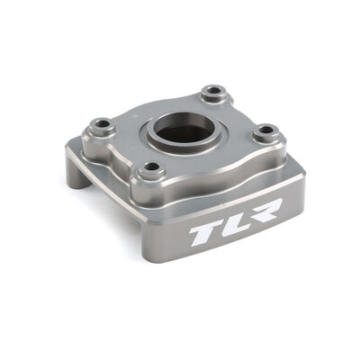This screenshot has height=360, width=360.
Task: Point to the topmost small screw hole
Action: pyautogui.click(x=213, y=92)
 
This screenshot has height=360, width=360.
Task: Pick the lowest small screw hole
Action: pyautogui.click(x=156, y=169)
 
